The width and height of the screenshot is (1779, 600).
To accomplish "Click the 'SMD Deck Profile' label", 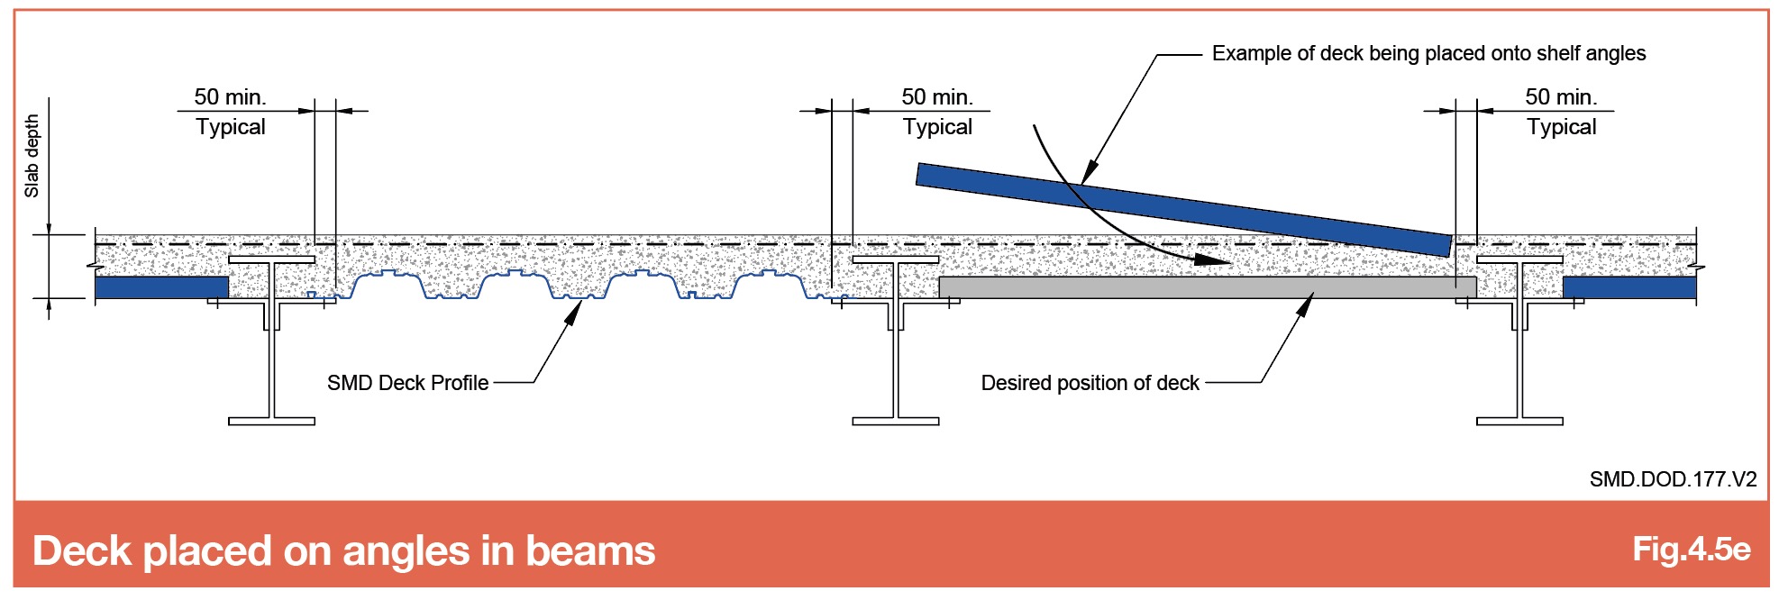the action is coord(407,383).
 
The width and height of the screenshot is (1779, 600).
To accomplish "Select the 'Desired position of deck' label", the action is coord(1090,383).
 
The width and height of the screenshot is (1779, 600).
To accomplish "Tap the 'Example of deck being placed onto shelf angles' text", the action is coord(1428,53).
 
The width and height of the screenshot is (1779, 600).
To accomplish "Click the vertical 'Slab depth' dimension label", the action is coord(32,155).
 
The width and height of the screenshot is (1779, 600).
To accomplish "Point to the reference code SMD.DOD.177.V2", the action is coord(1673,479).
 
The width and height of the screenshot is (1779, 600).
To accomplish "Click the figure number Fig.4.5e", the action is coord(1691,549).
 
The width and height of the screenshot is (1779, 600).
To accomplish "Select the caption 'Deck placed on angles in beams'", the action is coord(343,550).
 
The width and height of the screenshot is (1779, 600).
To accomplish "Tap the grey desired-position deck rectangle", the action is coord(1208,287).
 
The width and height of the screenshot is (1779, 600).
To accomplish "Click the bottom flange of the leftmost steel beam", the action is coord(271,421).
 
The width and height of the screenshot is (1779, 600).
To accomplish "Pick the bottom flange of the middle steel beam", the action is coord(896,421).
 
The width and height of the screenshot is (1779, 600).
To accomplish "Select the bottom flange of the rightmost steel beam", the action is coord(1519,421).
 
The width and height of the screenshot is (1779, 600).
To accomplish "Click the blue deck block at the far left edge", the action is coord(161,287).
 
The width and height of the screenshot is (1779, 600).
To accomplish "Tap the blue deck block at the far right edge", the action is coord(1629,287).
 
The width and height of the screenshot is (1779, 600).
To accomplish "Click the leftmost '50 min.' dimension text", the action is coord(230,96).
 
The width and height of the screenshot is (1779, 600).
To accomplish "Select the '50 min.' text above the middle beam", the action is coord(937,96).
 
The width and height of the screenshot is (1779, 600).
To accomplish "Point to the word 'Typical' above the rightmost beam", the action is coord(1561,127).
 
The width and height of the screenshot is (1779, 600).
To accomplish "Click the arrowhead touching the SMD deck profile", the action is coord(572,312).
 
